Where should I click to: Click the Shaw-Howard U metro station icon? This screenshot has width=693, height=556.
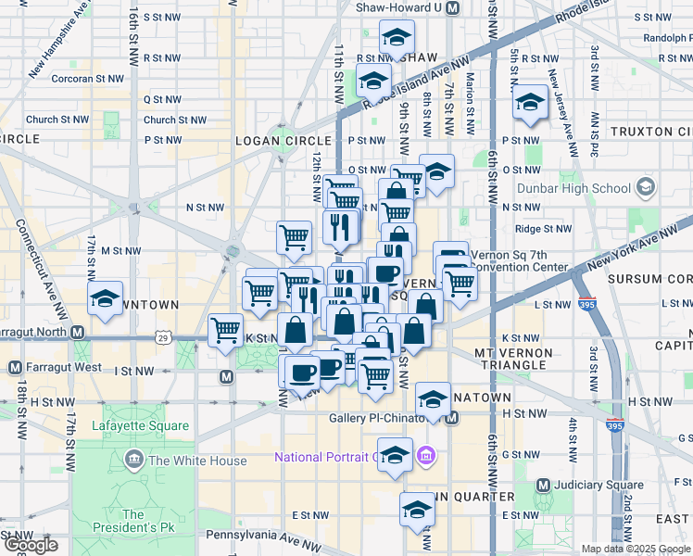click(x=452, y=7)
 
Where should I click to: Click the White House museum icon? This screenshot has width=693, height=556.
click(x=134, y=461)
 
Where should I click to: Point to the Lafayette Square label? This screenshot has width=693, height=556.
click(x=141, y=426)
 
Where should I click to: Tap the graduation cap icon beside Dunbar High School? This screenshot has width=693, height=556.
click(x=645, y=188)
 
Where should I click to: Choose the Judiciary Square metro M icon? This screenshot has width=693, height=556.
click(x=544, y=485)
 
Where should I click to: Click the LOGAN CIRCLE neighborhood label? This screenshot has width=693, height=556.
click(x=278, y=139)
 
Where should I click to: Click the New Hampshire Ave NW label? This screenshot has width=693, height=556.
click(x=59, y=41)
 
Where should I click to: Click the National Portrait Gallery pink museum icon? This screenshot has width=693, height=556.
click(x=426, y=456)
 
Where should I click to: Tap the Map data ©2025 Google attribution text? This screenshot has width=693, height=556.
click(x=635, y=549)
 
